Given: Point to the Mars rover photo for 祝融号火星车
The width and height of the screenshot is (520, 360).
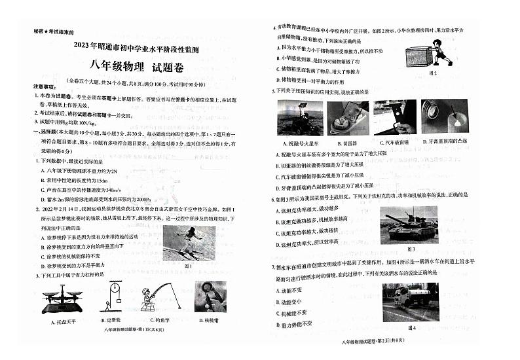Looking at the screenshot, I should [300, 118].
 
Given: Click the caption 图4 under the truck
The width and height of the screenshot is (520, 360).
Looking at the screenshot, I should [411, 327].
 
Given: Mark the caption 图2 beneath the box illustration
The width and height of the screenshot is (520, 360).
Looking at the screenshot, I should [432, 73].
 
